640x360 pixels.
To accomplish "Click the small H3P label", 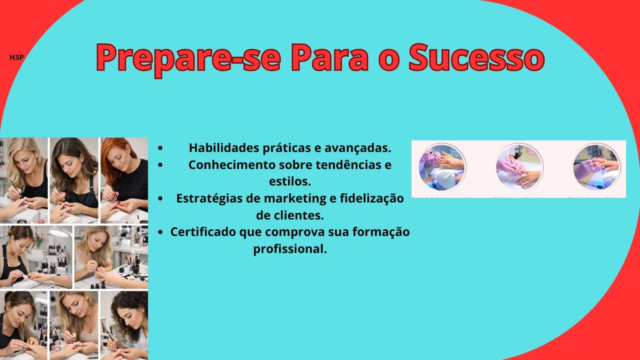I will click(x=17, y=57).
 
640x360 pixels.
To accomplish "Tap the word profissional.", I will click(x=290, y=248).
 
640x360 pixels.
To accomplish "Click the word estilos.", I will click(x=290, y=181).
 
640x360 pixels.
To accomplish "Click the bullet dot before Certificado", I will click(x=160, y=232).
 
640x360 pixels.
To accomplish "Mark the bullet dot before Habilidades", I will click(x=160, y=148).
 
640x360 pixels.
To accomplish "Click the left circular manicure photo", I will click(x=442, y=166).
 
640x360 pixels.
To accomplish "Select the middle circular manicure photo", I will click(x=519, y=166).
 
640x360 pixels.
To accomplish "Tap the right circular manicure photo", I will click(x=596, y=166).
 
